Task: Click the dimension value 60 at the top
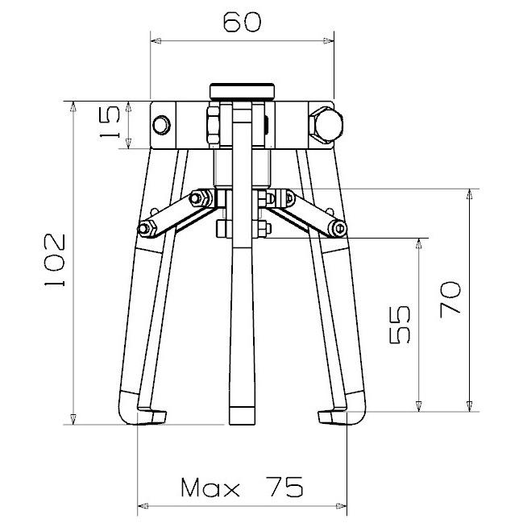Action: (242, 23)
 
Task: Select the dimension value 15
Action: (110, 122)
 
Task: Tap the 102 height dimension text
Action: (54, 260)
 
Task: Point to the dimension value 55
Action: (399, 325)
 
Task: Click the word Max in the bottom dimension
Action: (210, 488)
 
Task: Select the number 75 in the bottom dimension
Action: (284, 487)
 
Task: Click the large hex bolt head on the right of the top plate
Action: (326, 125)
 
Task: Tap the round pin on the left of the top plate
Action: (162, 125)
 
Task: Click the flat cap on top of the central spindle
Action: (242, 91)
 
